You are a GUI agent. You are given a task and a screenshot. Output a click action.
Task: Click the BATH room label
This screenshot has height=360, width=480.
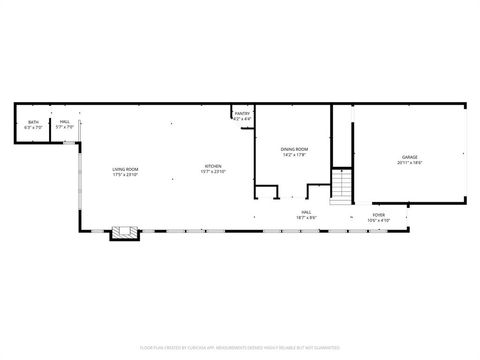pos(34,122)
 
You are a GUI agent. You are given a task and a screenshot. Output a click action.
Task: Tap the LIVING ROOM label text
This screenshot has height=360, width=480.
pos(125,169)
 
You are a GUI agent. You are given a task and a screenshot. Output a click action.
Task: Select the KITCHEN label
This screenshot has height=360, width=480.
pos(214,166)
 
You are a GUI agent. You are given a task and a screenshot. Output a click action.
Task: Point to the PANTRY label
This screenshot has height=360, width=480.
pos(242,114)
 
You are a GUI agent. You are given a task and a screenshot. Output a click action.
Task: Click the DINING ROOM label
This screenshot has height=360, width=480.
pos(294,149)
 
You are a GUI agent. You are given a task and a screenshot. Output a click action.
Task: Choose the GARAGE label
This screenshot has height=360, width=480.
pos(410,157)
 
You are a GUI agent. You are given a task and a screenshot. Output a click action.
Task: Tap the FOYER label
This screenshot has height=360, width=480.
pos(379,214)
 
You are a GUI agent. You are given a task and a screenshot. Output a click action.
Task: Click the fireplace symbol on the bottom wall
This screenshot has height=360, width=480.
pos(123,233)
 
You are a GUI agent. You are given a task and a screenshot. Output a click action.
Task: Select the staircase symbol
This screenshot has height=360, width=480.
pos(342,186)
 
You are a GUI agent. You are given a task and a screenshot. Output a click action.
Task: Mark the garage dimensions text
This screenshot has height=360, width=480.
pos(410,162)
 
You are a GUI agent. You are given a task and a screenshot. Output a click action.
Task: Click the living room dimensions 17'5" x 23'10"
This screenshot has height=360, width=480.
pos(125,174)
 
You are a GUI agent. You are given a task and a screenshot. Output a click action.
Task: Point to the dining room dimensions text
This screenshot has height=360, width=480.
pos(294,155)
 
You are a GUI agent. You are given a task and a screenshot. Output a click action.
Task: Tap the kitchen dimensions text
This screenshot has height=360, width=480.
pos(214,172)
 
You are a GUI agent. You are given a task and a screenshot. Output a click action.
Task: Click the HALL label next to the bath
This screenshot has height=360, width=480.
pos(65,122)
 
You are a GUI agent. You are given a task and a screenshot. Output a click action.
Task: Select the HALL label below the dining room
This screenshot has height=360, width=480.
pos(305,212)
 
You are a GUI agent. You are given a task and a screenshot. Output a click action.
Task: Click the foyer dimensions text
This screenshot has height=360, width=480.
pos(379,219)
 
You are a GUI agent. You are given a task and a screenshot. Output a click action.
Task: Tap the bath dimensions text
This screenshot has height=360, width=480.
pos(34,127)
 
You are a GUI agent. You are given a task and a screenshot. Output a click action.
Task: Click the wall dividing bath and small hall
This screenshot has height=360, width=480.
pos(51,127)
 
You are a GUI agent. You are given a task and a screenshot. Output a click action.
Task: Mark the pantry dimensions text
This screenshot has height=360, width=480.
pos(242,119)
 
